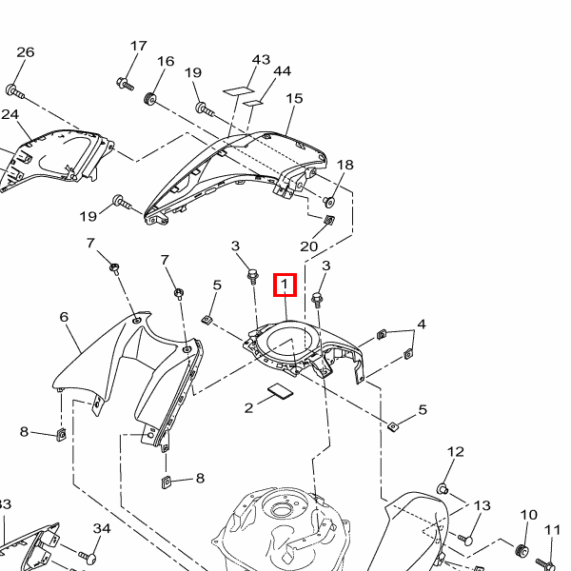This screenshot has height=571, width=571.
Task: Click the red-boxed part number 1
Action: coord(285,285)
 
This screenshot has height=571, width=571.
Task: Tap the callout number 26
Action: coord(26,52)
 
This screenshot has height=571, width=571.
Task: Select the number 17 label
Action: coord(138,46)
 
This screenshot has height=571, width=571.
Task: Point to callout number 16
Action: coord(166,61)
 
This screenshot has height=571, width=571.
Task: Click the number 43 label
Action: coord(261,59)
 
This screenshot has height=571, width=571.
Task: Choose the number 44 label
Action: coord(283,71)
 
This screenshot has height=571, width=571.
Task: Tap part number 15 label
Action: coord(294,98)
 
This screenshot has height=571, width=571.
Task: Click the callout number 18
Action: coord(345,165)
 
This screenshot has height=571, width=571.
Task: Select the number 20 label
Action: coord(308,246)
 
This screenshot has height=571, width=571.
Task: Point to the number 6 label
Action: coord(64,317)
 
